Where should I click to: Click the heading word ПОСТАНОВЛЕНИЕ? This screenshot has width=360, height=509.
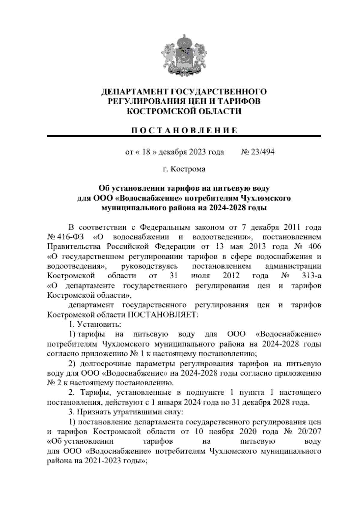pyautogui.click(x=184, y=131)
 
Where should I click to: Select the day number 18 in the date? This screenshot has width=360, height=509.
pyautogui.click(x=146, y=152)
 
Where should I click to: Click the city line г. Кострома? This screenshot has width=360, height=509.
pyautogui.click(x=184, y=169)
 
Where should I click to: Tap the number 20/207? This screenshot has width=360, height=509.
pyautogui.click(x=308, y=432)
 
